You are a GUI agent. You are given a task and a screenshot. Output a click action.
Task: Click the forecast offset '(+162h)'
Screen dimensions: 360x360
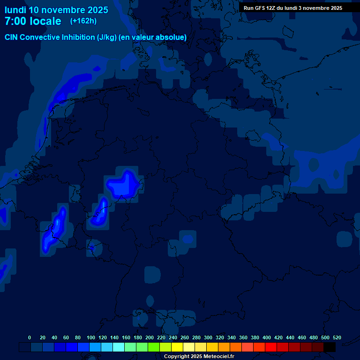click(x=83, y=21)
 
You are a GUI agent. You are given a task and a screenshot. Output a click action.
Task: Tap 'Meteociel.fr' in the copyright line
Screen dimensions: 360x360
click(x=217, y=357)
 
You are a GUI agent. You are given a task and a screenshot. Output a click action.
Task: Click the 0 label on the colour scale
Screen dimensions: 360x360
click(x=30, y=337)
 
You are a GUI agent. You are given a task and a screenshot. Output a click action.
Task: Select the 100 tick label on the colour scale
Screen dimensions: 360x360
click(x=91, y=337)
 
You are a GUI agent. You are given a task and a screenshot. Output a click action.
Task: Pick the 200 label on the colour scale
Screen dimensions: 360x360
click(x=150, y=337)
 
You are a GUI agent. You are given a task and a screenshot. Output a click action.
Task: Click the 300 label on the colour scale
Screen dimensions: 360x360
click(x=208, y=337)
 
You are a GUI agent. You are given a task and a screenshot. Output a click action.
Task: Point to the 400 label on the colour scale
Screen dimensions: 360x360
click(x=267, y=337)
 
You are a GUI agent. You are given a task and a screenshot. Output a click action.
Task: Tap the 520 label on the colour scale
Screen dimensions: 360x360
click(x=337, y=337)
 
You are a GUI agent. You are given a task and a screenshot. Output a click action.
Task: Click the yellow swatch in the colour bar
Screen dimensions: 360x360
click(x=177, y=347)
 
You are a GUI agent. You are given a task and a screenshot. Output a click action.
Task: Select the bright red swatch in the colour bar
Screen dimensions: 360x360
click(x=271, y=347)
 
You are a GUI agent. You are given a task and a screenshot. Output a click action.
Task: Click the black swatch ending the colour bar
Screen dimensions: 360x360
click(x=330, y=347)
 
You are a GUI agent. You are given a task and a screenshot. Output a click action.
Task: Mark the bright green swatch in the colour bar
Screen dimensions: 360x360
click(x=154, y=347)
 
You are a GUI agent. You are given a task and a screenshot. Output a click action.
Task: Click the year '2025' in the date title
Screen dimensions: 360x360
click(x=96, y=10)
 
